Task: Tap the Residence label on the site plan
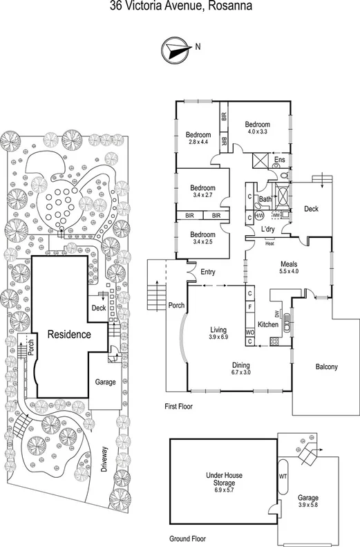tap(69, 335)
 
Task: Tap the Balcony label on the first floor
tap(326, 367)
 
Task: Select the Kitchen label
tap(267, 324)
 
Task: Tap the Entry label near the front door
tap(208, 272)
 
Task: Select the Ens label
tap(279, 160)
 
